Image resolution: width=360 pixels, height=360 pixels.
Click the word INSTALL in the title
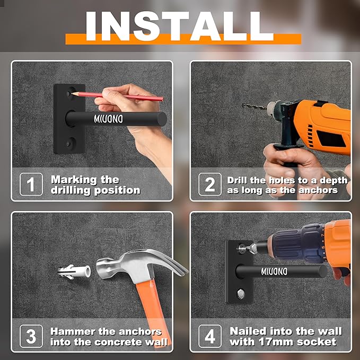point(179,26)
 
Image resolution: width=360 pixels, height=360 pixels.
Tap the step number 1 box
point(31,184)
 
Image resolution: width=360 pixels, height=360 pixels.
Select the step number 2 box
point(210,184)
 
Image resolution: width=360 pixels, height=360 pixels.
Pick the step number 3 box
point(31,336)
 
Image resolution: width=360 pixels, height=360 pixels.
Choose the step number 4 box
point(210,336)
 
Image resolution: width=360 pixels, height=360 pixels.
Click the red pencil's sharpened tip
point(72,93)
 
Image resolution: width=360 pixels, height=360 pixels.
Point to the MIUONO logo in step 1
point(108,119)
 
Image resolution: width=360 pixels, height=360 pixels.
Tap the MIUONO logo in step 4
point(274,271)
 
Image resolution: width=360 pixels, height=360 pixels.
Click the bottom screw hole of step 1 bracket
point(70,144)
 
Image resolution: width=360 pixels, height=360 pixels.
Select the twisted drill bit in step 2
point(254,106)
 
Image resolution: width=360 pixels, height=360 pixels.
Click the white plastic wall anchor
point(74,271)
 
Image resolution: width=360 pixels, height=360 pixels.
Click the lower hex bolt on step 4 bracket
point(240,294)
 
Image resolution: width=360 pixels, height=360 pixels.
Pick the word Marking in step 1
point(74,180)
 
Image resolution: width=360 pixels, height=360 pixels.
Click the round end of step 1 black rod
point(162,119)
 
